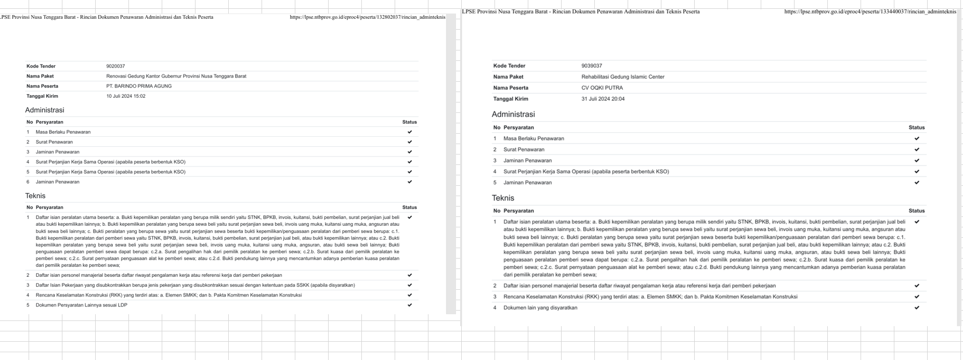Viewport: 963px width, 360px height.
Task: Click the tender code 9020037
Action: [x=115, y=67]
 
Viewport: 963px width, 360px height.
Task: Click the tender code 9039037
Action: [x=592, y=66]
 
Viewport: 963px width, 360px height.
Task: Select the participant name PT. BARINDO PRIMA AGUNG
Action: [x=139, y=86]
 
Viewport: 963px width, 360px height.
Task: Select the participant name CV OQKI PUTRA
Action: [x=602, y=88]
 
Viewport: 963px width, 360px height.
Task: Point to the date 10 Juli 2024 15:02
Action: [x=126, y=96]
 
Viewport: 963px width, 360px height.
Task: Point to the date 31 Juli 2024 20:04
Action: [x=603, y=99]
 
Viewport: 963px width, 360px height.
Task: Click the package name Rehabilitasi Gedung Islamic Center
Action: [x=623, y=77]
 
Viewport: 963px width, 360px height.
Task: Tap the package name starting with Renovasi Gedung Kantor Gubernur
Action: [x=176, y=76]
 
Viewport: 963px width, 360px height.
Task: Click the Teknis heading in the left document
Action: [x=35, y=196]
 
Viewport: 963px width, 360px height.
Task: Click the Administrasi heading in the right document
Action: [x=513, y=114]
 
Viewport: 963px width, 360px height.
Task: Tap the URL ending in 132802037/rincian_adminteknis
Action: [x=367, y=17]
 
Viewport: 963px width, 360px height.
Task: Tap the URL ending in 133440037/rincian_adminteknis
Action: [x=870, y=11]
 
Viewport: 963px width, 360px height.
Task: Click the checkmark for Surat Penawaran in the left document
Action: [x=410, y=142]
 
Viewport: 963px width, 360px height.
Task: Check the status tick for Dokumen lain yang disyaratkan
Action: [x=917, y=307]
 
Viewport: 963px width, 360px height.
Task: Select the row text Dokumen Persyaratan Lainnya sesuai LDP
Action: [x=82, y=305]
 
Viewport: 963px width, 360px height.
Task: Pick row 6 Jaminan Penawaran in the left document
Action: [x=58, y=182]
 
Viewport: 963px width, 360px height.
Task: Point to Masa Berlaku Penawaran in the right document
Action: [x=533, y=138]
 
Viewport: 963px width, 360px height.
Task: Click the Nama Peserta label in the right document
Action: [x=511, y=88]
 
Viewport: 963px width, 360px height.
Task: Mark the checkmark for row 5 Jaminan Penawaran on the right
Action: [x=917, y=183]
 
